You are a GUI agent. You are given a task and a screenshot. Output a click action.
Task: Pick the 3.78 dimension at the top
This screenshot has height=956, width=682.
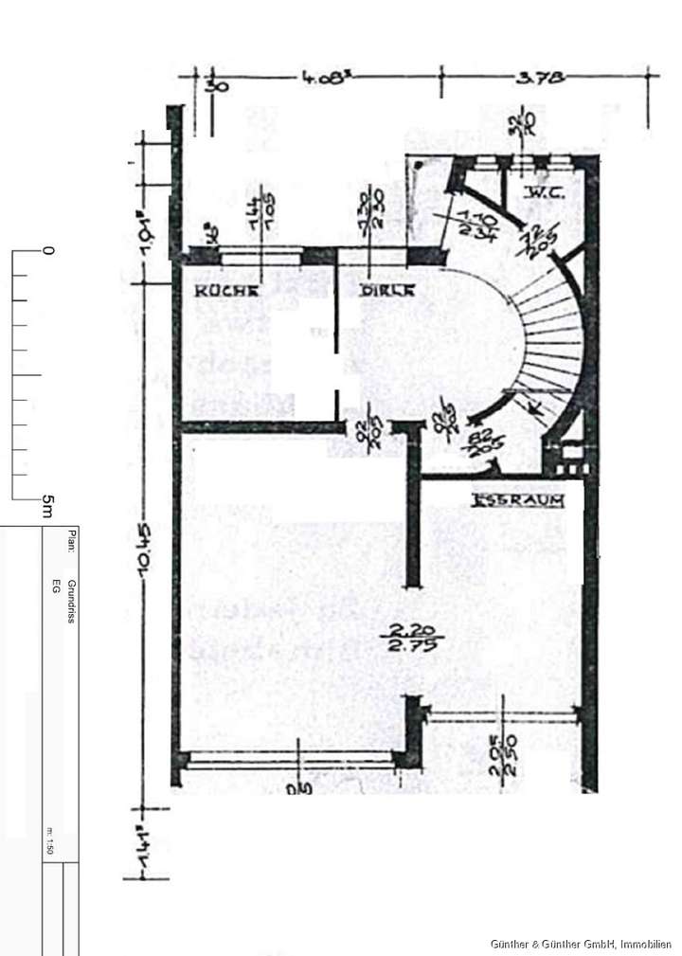point(540,81)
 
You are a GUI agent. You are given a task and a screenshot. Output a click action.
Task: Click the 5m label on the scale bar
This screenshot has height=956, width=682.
point(45,507)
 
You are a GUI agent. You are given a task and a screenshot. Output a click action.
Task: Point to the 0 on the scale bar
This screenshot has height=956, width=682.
point(48,251)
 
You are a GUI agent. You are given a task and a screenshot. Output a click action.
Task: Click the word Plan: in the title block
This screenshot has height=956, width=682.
point(70,540)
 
